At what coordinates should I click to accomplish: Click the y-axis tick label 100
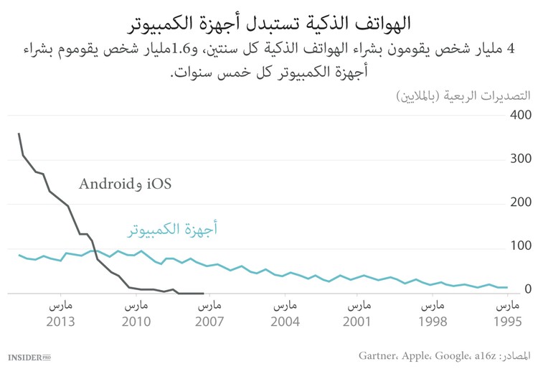pyautogui.click(x=519, y=246)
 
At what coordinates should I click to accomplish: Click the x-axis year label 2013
pyautogui.click(x=60, y=321)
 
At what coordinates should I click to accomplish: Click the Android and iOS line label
pyautogui.click(x=126, y=183)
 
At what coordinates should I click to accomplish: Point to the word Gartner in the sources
pyautogui.click(x=380, y=355)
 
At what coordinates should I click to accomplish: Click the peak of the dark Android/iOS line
pyautogui.click(x=19, y=134)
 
